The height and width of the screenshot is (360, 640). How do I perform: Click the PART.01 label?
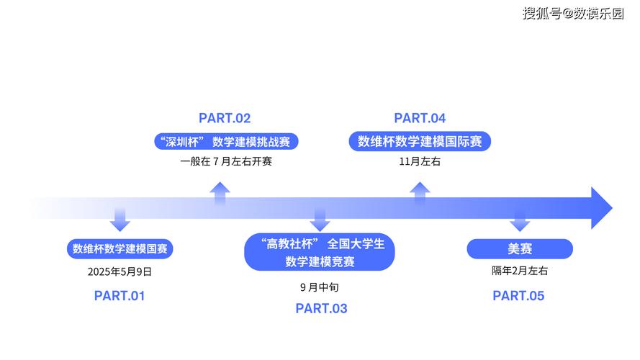120,295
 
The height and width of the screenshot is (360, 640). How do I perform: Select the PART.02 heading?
225,119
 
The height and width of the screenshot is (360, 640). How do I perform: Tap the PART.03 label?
321,309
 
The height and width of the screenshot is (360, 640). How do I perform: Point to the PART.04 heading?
420,119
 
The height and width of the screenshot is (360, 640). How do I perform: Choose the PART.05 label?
518,295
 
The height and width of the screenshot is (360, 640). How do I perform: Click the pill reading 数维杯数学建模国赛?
120,249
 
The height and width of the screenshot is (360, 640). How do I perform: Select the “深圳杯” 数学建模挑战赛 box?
226,141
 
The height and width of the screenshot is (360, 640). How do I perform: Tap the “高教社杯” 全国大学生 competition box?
320,253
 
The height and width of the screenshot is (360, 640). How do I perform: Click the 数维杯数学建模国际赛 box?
420,141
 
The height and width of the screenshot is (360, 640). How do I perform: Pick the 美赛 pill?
519,249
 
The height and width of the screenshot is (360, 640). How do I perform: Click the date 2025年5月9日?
120,272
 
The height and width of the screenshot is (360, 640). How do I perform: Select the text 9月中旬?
320,287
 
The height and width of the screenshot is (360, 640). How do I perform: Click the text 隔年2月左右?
519,271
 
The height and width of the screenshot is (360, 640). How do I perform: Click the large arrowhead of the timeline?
600,208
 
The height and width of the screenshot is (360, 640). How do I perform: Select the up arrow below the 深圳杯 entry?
220,192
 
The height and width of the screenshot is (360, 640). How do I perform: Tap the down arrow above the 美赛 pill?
519,220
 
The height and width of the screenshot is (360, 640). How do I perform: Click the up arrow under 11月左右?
420,192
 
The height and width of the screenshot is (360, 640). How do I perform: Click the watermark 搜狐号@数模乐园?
573,14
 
